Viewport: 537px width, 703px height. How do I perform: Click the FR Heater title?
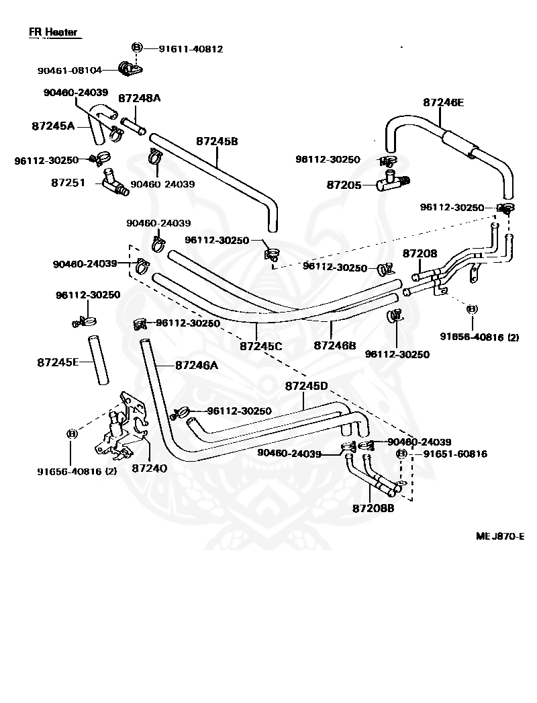coord(53,32)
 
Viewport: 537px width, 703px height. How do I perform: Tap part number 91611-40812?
coord(191,49)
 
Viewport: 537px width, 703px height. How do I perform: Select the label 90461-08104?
coord(69,71)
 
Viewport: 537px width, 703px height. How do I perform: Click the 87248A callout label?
coord(140,98)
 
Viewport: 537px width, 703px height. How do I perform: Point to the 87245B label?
coord(217,141)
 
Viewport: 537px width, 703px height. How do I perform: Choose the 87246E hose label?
coord(444,102)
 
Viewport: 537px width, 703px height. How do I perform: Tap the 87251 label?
coord(68,183)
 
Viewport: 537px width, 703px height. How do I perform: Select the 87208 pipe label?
coord(420,253)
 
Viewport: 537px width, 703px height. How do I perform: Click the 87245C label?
coord(261,346)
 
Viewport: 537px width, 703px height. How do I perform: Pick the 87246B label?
coord(335,345)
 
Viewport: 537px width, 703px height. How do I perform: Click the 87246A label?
coord(197,366)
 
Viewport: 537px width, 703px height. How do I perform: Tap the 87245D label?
coord(306,386)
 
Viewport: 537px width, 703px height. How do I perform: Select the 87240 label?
coord(150,468)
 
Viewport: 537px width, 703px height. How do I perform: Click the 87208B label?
coord(373,508)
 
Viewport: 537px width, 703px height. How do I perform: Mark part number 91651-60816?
coord(456,454)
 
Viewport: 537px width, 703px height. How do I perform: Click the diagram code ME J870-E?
coord(500,536)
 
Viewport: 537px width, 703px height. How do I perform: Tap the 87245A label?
coord(53,126)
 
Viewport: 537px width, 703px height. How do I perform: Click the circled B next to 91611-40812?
coord(137,48)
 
